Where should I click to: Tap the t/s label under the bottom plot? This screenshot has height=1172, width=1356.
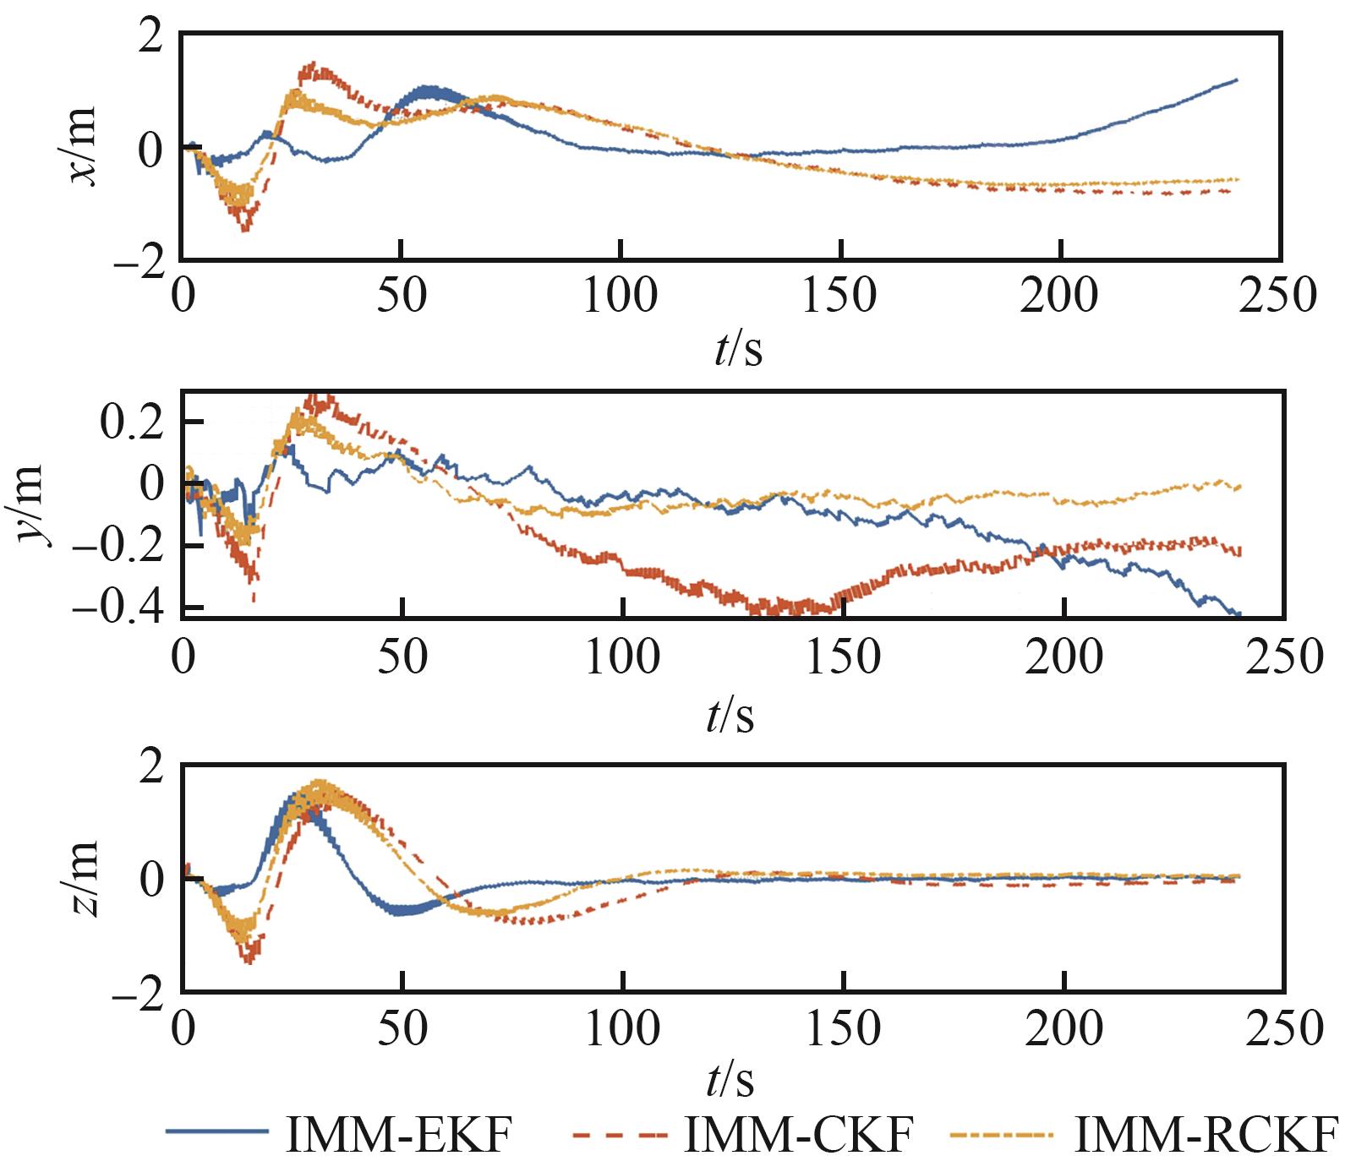point(731,1079)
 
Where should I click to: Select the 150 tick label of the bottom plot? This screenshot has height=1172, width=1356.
point(843,1028)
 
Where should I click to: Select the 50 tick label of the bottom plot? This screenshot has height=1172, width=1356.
point(403,1028)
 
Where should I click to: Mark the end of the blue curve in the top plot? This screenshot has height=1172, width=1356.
point(1237,80)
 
